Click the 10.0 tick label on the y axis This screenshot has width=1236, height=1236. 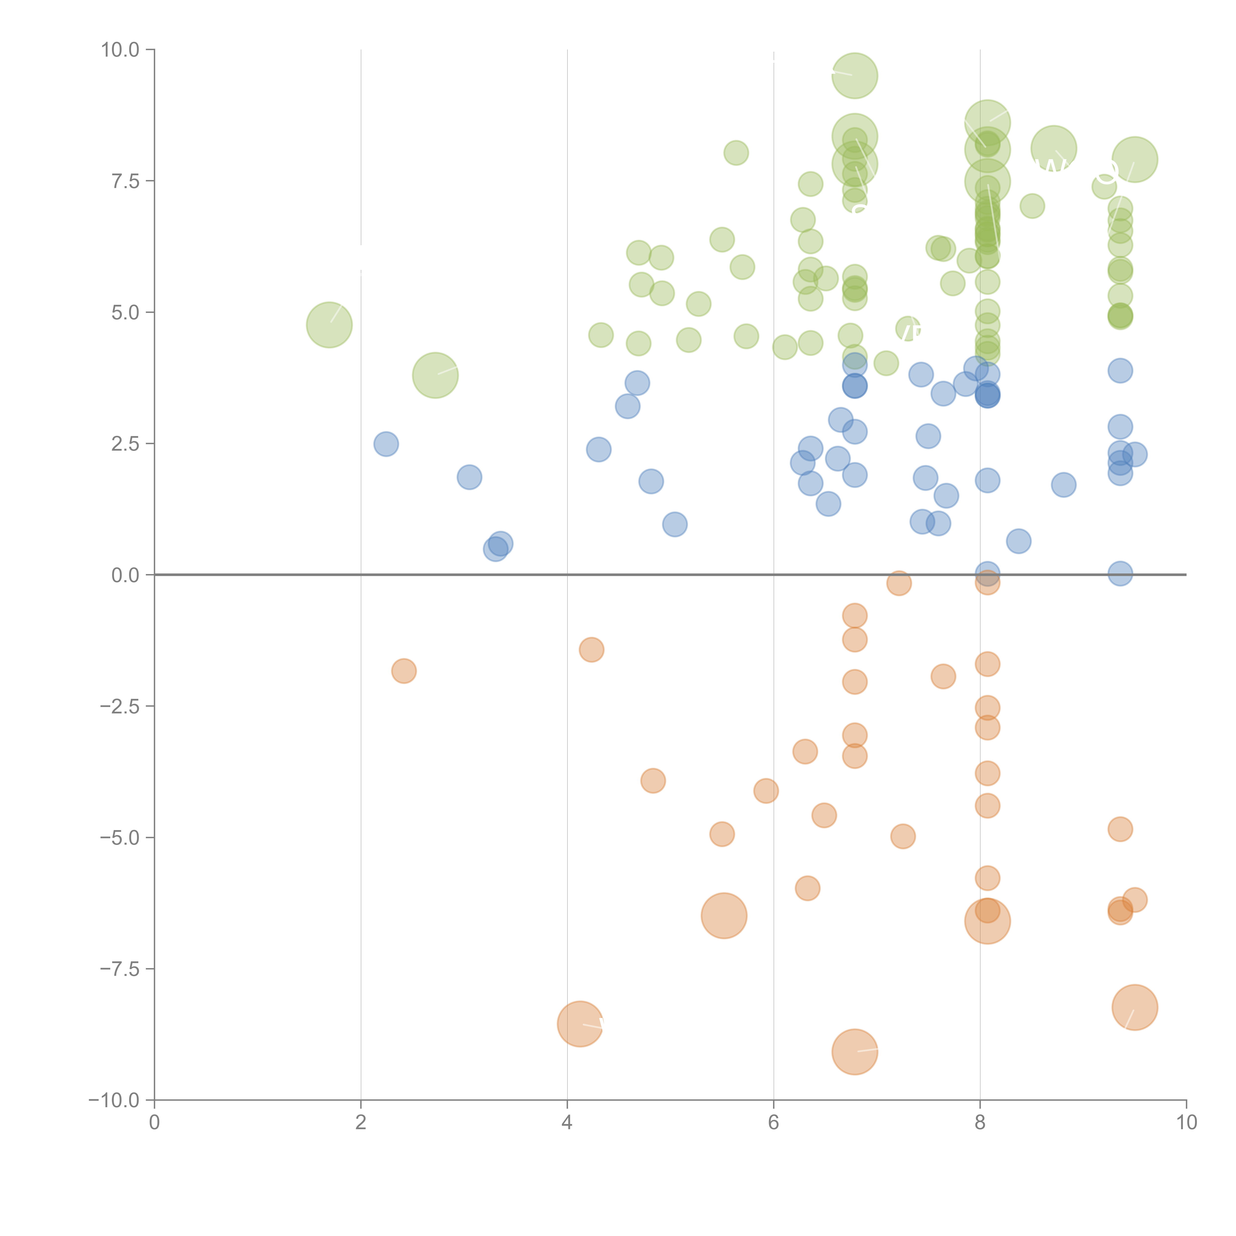tap(120, 50)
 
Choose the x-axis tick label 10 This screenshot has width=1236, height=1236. tap(1186, 1123)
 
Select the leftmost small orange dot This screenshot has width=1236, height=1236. tap(404, 671)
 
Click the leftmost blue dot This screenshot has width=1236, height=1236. tap(386, 444)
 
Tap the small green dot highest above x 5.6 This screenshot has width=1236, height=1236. tap(736, 153)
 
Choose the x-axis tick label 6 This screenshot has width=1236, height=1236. tap(773, 1123)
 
